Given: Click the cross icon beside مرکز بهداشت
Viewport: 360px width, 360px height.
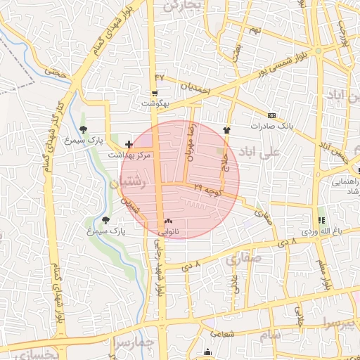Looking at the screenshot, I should coord(128,143).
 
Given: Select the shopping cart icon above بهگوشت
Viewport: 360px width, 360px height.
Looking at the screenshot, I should coord(154,93).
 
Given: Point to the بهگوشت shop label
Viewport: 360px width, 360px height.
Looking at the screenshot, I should coord(156,103).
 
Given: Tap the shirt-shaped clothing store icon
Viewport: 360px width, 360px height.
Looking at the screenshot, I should coord(226,130).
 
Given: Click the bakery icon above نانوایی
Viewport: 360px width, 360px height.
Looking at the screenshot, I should coord(167,221).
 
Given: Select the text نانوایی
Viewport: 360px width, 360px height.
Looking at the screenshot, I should coord(167,231).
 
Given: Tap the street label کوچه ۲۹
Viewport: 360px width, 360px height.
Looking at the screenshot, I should coord(208,188).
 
